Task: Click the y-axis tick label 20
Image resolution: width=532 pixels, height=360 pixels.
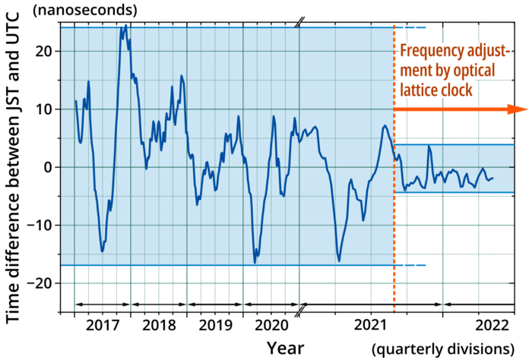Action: [44, 52]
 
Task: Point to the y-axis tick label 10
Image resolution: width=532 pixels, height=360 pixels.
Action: [44, 109]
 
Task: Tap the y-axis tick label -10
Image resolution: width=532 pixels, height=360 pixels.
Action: [40, 225]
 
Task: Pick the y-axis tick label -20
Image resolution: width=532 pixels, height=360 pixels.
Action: [40, 283]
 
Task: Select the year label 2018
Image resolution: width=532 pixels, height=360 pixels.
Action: [159, 325]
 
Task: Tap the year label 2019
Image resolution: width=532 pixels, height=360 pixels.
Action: [215, 325]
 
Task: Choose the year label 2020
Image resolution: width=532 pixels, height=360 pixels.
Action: [271, 325]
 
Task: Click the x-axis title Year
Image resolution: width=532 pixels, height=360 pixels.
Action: [287, 347]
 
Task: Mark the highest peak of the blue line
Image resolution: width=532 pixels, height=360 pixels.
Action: [125, 26]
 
